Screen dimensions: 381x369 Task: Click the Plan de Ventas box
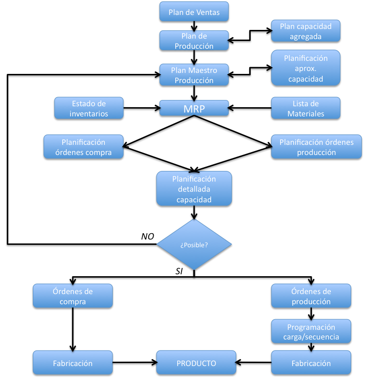[x=194, y=12]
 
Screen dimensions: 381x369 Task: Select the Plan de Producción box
[x=194, y=41]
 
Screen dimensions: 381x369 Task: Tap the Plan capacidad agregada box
[x=306, y=31]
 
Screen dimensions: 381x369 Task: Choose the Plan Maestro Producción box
[x=194, y=75]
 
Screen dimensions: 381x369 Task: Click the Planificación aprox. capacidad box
[x=306, y=68]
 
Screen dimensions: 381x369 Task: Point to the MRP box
[x=194, y=108]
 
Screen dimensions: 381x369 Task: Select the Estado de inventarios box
[x=89, y=108]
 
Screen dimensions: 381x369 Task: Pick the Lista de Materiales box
[x=306, y=108]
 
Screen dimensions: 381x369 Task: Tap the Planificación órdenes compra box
[x=83, y=147]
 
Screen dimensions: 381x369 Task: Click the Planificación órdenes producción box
[x=316, y=147]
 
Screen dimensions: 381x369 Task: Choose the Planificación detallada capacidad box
[x=194, y=189]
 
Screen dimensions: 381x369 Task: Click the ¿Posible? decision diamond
[x=194, y=245]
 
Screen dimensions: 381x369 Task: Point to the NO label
[x=147, y=236]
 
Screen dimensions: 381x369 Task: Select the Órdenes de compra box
[x=72, y=296]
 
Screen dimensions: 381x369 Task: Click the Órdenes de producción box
[x=311, y=296]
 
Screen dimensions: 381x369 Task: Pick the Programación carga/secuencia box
[x=311, y=331]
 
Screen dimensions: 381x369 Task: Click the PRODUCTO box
[x=196, y=363]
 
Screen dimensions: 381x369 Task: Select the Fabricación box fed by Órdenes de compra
[x=72, y=363]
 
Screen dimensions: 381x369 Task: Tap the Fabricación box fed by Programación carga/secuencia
[x=311, y=363]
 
